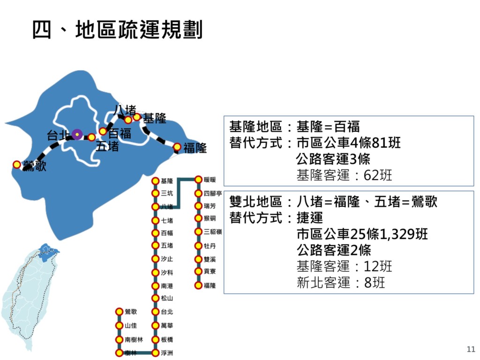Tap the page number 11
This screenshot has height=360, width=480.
pyautogui.click(x=471, y=349)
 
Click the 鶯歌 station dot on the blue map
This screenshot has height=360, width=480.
pyautogui.click(x=17, y=165)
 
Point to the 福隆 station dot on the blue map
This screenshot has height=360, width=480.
pyautogui.click(x=177, y=147)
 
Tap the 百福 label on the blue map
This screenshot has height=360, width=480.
pyautogui.click(x=120, y=133)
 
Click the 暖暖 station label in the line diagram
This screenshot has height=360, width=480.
pyautogui.click(x=210, y=180)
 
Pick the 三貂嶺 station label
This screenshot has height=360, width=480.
pyautogui.click(x=213, y=232)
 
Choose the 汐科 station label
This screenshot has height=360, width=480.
pyautogui.click(x=167, y=272)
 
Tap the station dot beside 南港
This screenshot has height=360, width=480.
pyautogui.click(x=155, y=285)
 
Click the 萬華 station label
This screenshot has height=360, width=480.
pyautogui.click(x=167, y=325)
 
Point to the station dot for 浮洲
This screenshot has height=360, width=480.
pyautogui.click(x=155, y=352)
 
